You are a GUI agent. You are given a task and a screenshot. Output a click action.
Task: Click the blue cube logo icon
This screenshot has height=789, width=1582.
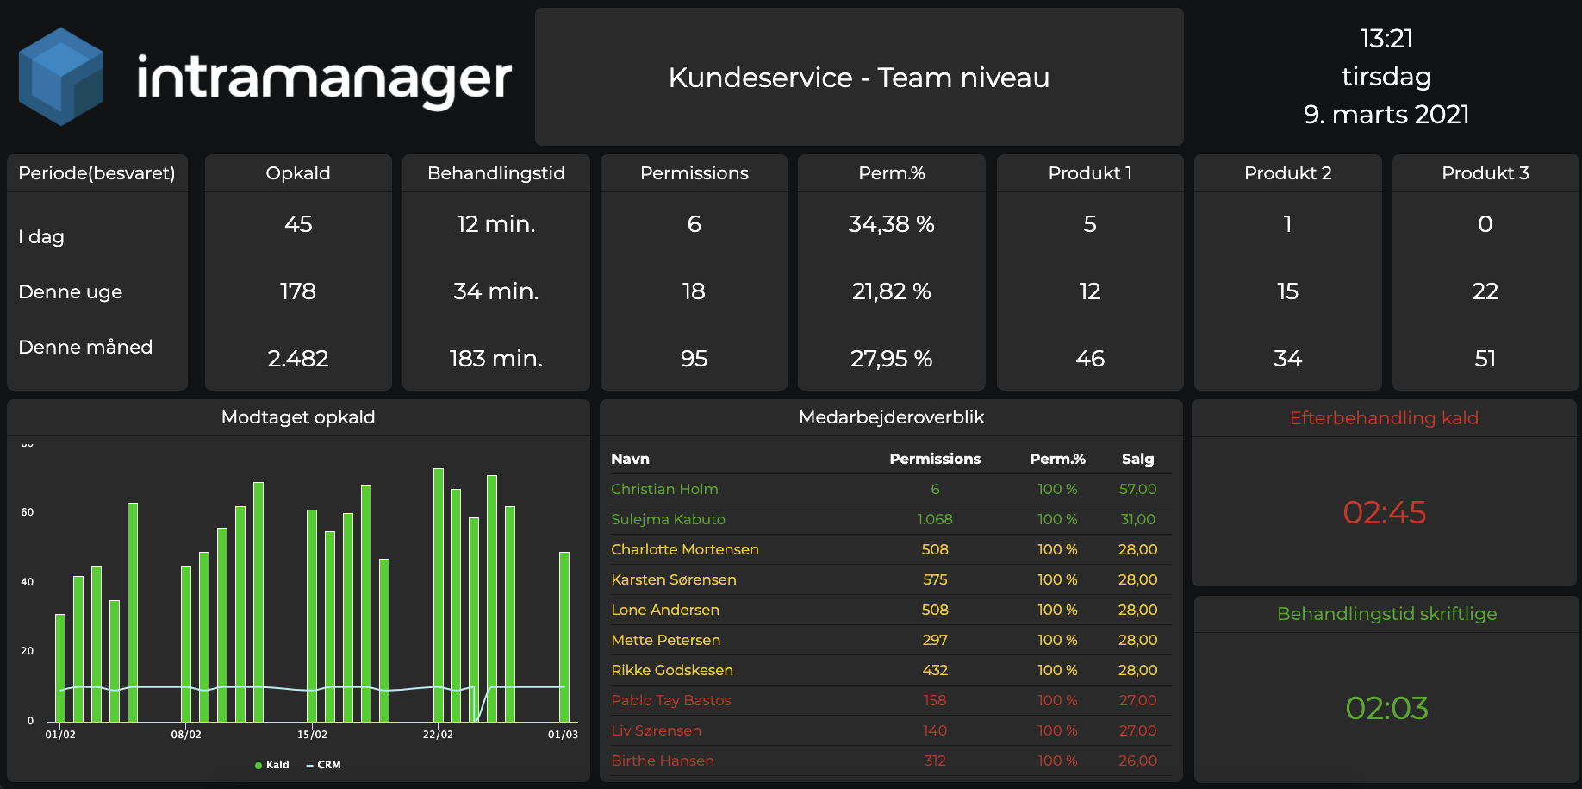(x=60, y=77)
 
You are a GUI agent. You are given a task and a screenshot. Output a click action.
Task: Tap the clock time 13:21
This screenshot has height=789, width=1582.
(x=1386, y=39)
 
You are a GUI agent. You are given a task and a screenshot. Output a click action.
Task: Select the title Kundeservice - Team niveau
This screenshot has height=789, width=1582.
(x=859, y=78)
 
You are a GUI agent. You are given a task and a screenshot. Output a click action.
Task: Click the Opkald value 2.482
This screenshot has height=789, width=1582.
(x=298, y=359)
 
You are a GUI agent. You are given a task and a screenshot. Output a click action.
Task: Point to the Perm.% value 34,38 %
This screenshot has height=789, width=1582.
(x=892, y=224)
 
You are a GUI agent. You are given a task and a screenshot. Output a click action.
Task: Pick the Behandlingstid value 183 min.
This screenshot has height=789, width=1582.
(x=496, y=359)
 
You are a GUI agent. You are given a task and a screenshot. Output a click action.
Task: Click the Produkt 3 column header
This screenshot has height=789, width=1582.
(x=1485, y=173)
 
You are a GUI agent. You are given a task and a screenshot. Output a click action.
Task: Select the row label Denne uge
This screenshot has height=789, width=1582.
(x=71, y=292)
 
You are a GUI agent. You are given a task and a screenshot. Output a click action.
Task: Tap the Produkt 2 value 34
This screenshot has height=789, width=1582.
(x=1288, y=359)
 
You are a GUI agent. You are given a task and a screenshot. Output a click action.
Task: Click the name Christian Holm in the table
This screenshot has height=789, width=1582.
(x=664, y=489)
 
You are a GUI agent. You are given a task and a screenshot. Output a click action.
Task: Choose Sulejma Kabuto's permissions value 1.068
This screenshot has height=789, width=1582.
(x=935, y=519)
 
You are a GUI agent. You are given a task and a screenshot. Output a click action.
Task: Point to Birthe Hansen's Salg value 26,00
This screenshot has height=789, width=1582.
(x=1137, y=761)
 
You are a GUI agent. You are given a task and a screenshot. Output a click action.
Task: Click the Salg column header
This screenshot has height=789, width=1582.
(x=1137, y=459)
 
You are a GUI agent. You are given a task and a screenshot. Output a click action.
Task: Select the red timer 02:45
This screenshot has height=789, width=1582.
(x=1385, y=513)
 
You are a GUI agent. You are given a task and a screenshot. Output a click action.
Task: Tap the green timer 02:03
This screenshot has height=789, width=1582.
(x=1387, y=709)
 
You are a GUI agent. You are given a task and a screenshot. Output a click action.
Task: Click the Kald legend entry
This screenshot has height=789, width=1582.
(x=272, y=765)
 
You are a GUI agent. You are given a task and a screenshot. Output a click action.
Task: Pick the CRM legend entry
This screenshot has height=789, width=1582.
(x=324, y=765)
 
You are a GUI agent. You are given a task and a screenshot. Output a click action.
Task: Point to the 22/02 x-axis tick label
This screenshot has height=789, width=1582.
(x=438, y=735)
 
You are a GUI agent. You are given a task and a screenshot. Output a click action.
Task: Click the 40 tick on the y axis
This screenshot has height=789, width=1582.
(x=28, y=582)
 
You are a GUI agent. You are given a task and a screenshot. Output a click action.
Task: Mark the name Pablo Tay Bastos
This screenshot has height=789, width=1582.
(x=671, y=700)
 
